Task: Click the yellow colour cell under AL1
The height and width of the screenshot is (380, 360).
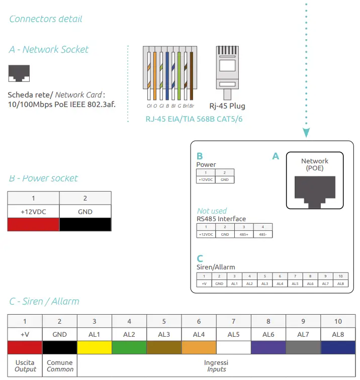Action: point(95,347)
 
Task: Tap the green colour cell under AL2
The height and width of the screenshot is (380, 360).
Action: point(129,347)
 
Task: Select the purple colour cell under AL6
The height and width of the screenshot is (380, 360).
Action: point(268,347)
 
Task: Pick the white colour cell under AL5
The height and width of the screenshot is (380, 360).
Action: point(234,347)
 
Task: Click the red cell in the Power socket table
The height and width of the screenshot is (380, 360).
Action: point(33,225)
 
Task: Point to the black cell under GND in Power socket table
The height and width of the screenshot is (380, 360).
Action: point(85,225)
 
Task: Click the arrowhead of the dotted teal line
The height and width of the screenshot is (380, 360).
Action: point(306,133)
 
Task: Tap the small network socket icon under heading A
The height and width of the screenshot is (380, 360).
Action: point(19,73)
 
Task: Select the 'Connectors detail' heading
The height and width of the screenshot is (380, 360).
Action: point(46,19)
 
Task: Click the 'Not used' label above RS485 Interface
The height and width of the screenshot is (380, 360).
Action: point(212,211)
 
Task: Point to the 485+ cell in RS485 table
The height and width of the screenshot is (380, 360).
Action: point(244,234)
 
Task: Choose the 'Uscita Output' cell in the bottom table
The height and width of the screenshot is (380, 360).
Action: point(25,366)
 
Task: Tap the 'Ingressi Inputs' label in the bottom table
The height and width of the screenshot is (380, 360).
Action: point(216,366)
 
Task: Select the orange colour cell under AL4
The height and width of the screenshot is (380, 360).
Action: point(199,347)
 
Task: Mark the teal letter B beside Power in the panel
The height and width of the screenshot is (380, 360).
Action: point(200,156)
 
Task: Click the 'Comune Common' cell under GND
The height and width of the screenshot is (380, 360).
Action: point(60,366)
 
